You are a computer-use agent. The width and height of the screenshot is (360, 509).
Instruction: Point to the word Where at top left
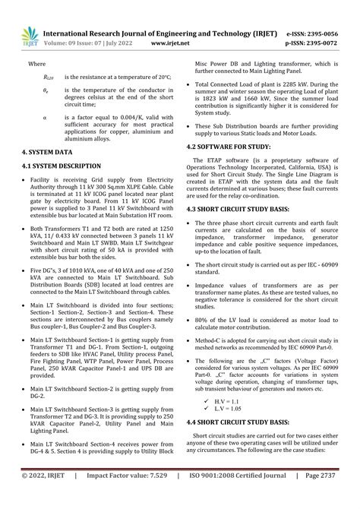pos(36,65)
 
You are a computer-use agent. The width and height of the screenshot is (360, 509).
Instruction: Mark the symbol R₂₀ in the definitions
pos(48,77)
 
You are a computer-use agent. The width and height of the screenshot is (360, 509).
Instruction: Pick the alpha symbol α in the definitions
pos(45,118)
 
